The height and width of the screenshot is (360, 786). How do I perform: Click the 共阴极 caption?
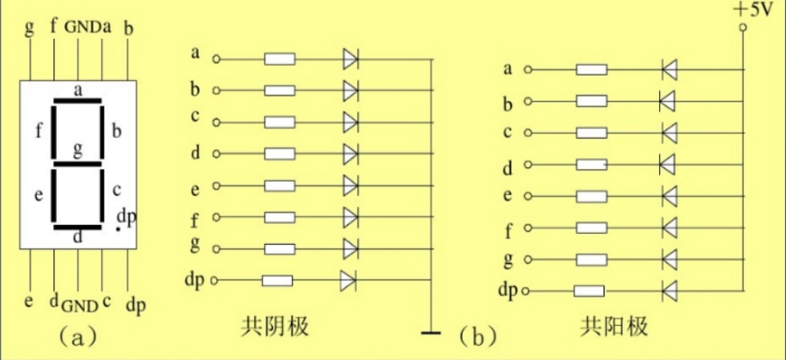click(276, 326)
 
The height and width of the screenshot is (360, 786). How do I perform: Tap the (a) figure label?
click(76, 337)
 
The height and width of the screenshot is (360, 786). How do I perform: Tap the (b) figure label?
click(477, 337)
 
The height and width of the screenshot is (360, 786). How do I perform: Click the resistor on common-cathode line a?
click(279, 60)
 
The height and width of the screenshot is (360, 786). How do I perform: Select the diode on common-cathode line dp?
click(349, 281)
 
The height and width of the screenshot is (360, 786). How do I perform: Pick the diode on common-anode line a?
click(668, 68)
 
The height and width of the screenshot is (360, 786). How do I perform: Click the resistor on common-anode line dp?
click(589, 291)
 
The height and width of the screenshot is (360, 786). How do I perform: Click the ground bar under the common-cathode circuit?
click(433, 334)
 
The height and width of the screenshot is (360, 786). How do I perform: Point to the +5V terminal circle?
click(744, 28)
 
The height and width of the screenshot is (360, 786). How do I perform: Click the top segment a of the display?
click(77, 101)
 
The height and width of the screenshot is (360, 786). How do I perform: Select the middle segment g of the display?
click(77, 163)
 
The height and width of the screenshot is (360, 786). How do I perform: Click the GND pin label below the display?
click(79, 303)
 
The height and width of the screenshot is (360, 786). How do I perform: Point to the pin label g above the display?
click(30, 26)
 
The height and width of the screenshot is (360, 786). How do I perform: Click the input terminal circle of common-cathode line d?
click(215, 154)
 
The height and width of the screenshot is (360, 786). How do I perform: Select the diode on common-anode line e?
click(668, 196)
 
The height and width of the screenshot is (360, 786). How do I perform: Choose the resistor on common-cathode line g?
click(279, 248)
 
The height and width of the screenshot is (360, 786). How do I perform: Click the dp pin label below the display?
click(135, 305)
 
